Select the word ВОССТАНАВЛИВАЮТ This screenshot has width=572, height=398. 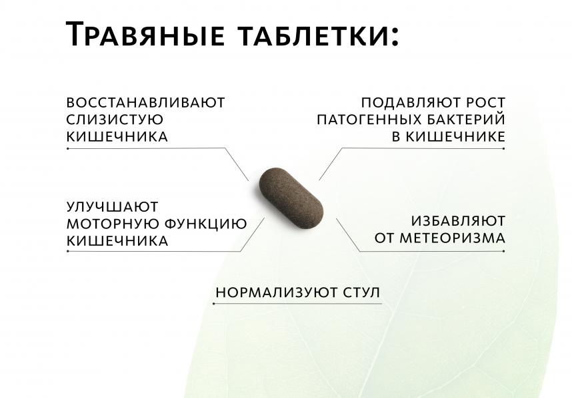click(146, 103)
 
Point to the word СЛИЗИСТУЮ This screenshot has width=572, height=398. click(115, 120)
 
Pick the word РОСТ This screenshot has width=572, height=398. click(485, 103)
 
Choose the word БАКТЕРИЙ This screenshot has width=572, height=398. click(465, 120)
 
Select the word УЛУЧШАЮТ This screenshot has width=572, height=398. click(113, 206)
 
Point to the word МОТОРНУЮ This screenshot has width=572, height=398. click(113, 224)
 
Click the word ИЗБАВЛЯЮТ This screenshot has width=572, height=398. click(457, 220)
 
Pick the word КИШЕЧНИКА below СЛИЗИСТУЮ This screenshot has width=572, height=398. click(117, 137)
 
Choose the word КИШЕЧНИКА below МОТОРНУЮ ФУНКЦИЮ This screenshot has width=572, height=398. click(117, 241)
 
